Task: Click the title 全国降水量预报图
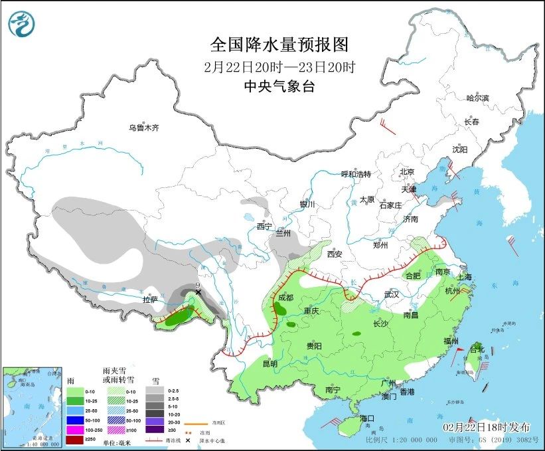279,45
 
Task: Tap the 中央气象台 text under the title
278,86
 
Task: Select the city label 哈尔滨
477,98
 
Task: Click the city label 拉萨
151,300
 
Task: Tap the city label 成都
286,298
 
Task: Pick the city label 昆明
270,363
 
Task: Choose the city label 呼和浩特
356,174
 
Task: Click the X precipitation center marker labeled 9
198,292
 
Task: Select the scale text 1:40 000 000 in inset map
33,444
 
